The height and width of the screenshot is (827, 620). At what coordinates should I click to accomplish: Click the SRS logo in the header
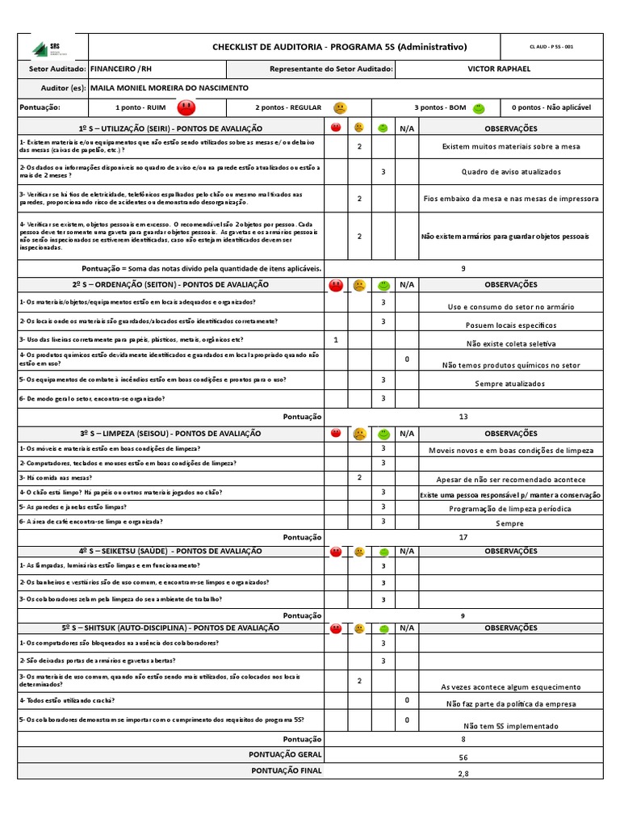(x=51, y=48)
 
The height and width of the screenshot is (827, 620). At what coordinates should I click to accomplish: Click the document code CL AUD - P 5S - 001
(x=551, y=47)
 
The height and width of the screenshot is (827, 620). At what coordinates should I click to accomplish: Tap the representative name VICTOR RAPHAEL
(x=499, y=69)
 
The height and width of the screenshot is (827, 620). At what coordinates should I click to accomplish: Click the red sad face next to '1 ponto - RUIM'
(x=186, y=107)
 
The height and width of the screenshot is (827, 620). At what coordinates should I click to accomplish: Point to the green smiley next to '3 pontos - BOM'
(x=479, y=107)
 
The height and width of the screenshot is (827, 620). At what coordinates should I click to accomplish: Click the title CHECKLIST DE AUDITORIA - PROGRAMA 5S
(x=339, y=47)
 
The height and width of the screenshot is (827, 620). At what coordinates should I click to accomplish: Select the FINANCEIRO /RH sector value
(x=120, y=69)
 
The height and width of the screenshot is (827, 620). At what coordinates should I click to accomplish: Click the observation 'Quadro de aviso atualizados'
(x=511, y=171)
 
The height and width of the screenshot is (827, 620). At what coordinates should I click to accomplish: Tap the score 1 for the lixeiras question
(x=336, y=339)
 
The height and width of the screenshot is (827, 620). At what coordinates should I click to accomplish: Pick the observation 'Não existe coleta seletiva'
(x=511, y=343)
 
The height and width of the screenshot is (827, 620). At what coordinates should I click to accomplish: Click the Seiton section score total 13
(x=463, y=417)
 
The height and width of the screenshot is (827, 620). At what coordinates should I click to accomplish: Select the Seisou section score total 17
(x=463, y=536)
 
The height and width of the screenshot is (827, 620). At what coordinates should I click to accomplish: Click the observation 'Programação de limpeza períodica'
(x=510, y=509)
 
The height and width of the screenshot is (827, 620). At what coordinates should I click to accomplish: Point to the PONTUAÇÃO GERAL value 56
(x=463, y=758)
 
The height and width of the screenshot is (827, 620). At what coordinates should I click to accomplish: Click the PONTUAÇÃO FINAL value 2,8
(x=463, y=773)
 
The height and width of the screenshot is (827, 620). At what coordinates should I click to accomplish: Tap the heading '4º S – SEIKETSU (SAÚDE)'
(x=171, y=551)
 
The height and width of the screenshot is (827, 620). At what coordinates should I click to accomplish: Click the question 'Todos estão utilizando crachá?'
(x=68, y=700)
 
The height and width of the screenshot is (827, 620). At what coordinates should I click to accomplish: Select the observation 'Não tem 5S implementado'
(x=510, y=726)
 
